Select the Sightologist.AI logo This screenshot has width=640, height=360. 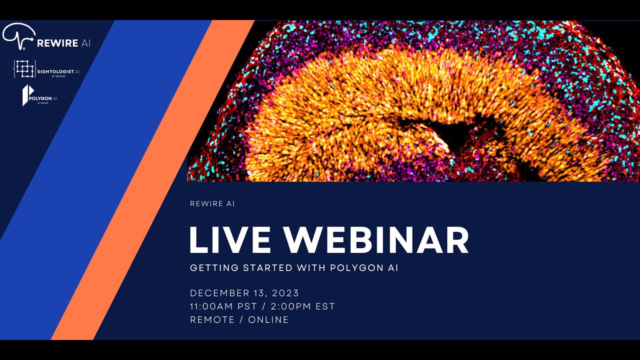46,69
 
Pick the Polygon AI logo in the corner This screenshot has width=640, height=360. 39,95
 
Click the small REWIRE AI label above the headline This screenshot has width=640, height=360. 212,204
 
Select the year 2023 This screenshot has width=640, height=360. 285,293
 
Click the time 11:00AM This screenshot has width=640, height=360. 214,306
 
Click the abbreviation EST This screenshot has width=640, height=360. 325,306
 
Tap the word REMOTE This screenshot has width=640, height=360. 212,320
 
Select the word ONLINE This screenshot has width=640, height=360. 268,320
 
